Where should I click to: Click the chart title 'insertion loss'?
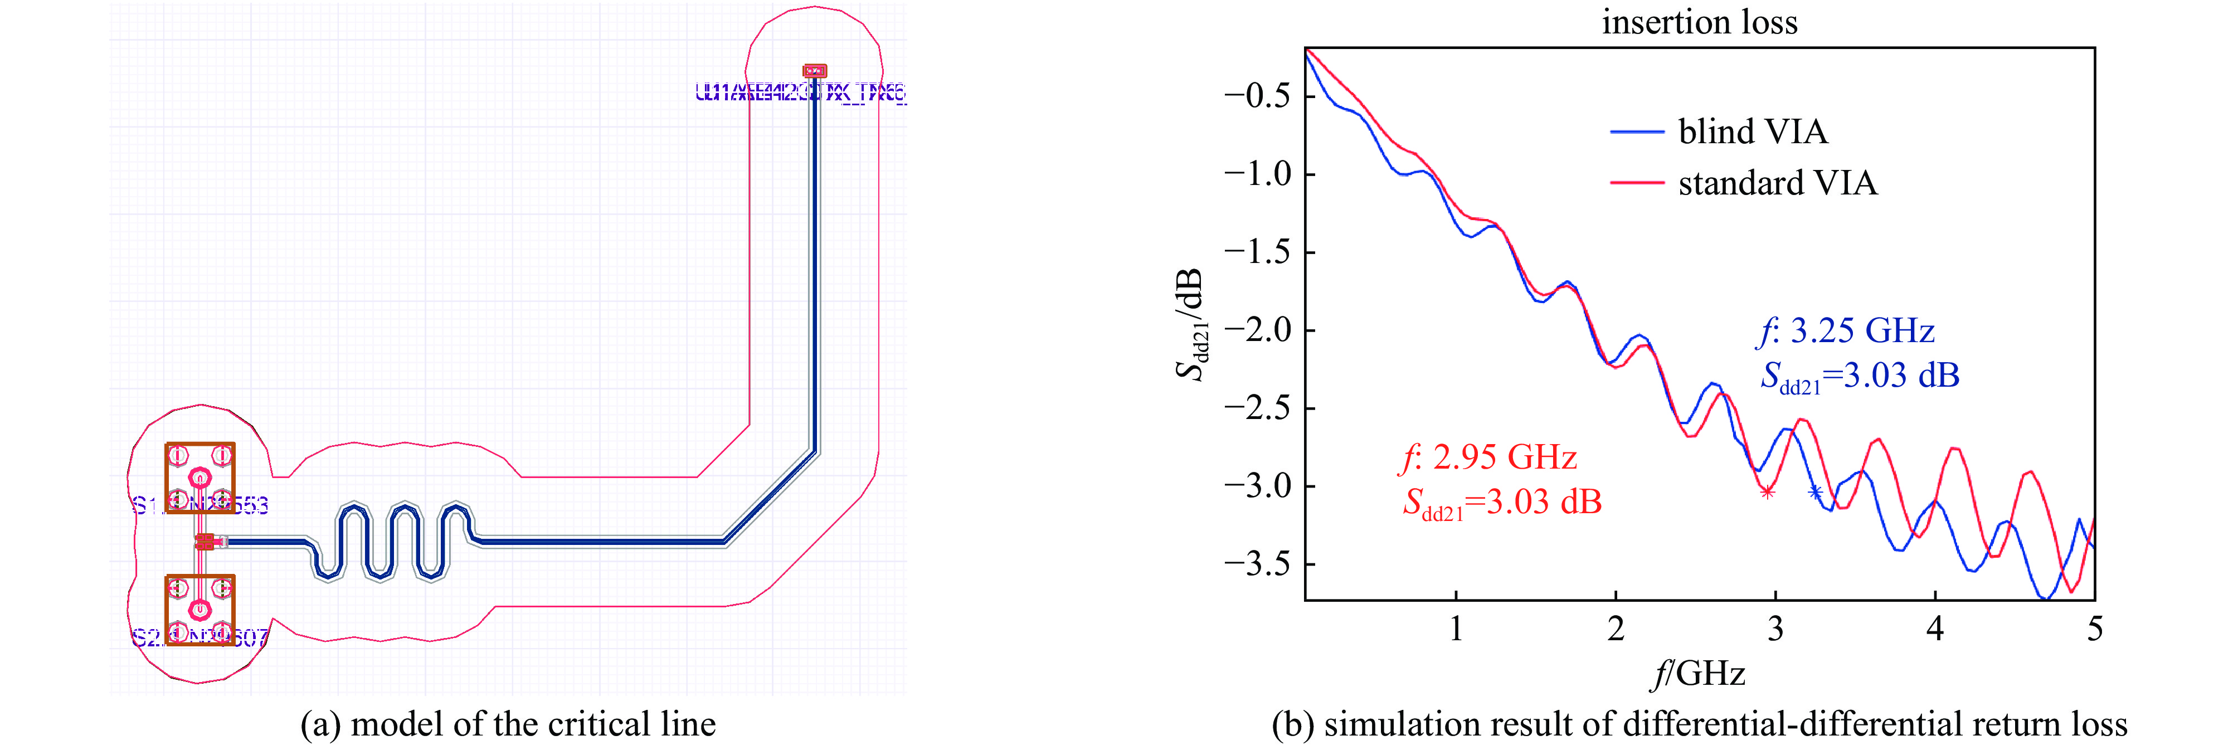point(1699,22)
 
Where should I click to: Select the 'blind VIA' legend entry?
point(1753,132)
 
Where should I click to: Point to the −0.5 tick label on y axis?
point(1257,96)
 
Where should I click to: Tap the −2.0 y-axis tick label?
point(1257,330)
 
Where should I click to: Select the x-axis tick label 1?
point(1456,629)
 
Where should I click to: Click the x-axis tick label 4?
point(1935,629)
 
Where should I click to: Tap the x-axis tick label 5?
point(2095,629)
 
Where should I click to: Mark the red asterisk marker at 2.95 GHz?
point(1767,493)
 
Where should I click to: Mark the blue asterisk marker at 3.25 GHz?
point(1815,493)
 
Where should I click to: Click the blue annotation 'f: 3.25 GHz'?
point(1846,331)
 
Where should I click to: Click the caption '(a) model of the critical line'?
point(508,724)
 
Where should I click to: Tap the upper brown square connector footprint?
point(201,478)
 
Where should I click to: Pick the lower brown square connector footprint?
point(201,609)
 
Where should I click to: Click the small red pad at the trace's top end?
point(814,70)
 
